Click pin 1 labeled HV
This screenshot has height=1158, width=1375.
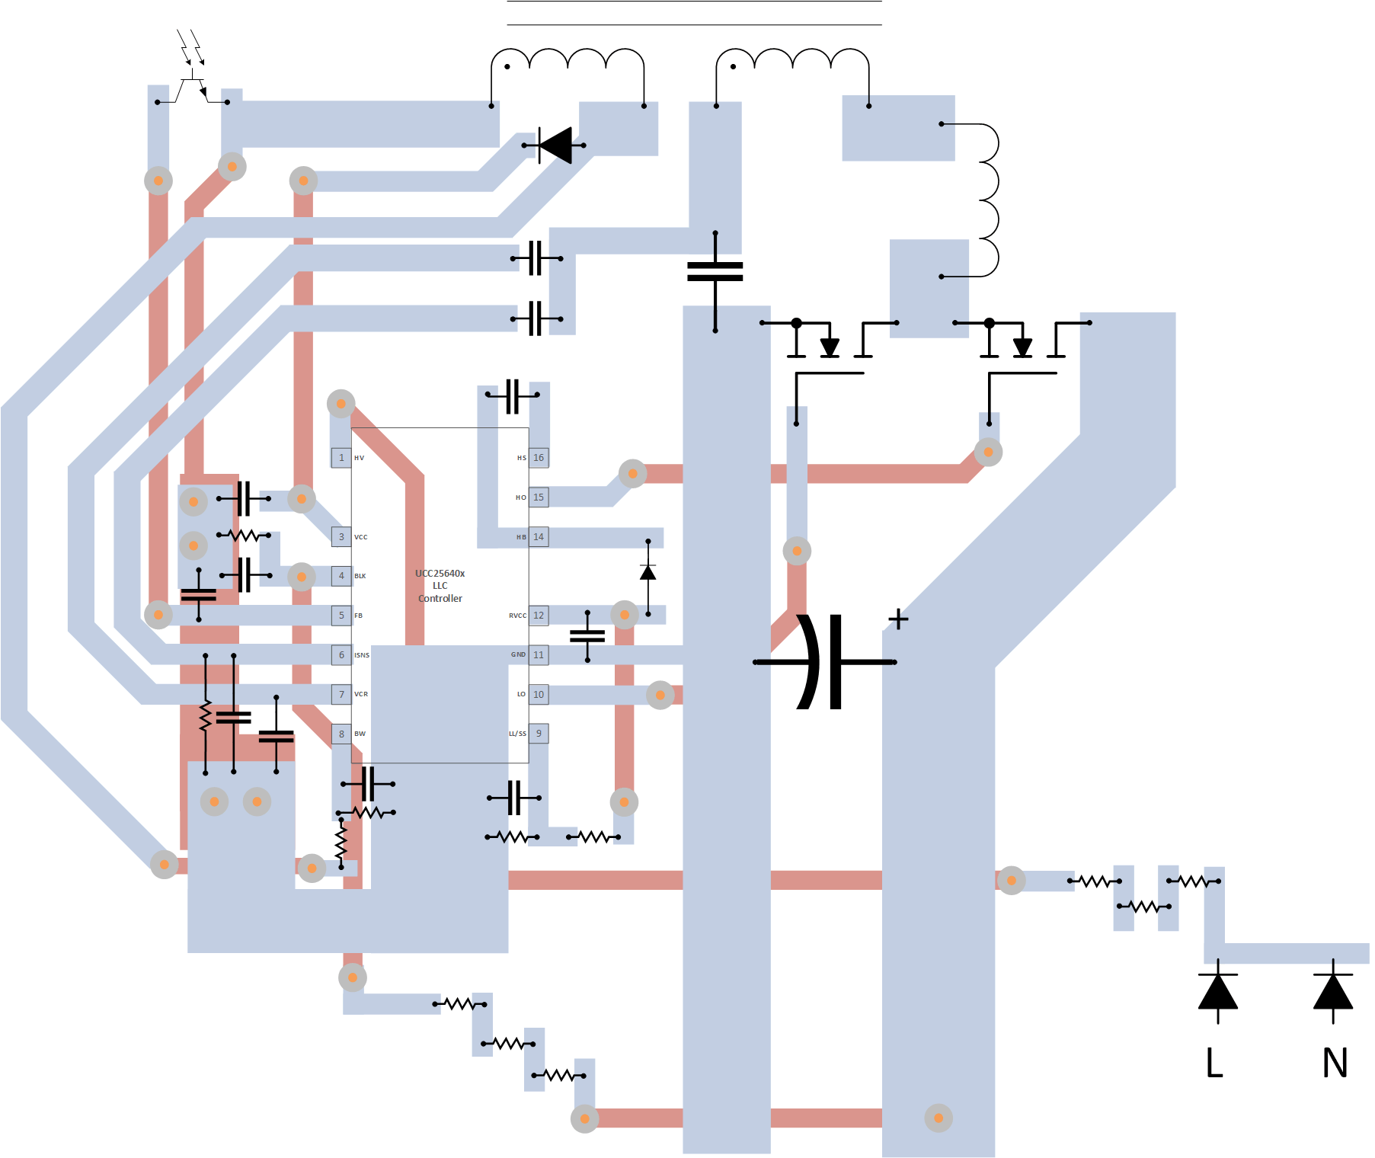click(341, 458)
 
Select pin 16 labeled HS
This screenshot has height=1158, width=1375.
click(539, 458)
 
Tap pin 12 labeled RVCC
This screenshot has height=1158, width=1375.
click(539, 616)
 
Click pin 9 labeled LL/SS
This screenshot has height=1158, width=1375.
click(539, 734)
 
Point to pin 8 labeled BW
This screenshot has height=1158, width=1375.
click(341, 734)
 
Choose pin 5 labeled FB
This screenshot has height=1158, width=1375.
click(341, 616)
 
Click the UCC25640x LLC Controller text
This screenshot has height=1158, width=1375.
click(440, 586)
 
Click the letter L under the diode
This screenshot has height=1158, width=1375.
click(1215, 1062)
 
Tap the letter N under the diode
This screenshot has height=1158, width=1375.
click(1335, 1062)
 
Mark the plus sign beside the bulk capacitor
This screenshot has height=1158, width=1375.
click(899, 619)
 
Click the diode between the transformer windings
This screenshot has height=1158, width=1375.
click(555, 145)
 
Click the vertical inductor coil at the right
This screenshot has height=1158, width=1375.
click(987, 200)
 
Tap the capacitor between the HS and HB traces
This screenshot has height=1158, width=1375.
click(513, 395)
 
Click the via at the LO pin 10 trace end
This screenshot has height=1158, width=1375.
click(660, 695)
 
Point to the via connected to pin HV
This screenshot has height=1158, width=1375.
click(341, 404)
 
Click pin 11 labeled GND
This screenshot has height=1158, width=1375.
click(539, 655)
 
